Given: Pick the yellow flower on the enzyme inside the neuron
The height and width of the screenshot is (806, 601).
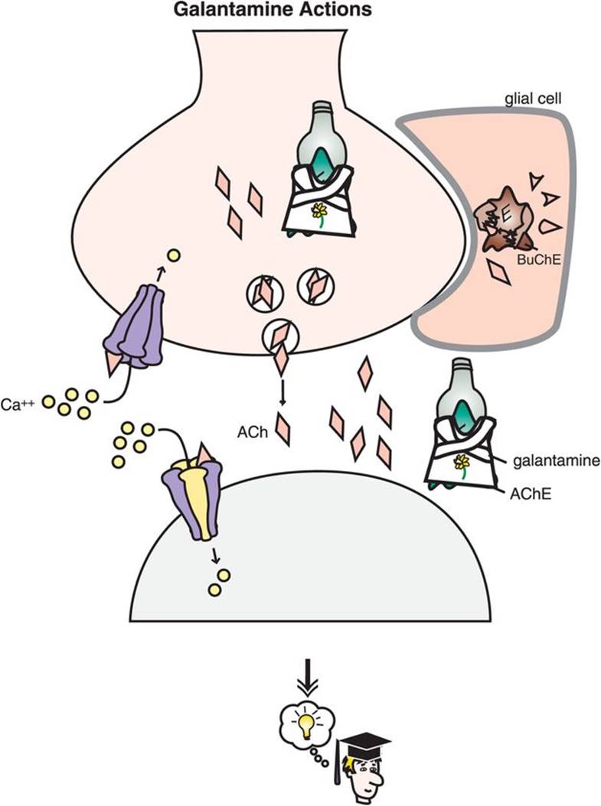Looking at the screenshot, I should click(x=319, y=210).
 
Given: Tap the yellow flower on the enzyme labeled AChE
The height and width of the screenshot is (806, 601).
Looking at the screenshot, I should click(x=462, y=461).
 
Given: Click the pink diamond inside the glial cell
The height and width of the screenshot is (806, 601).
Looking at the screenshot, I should click(x=501, y=273).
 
